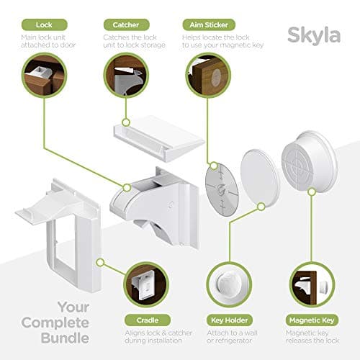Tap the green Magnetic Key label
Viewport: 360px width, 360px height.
[x=312, y=319]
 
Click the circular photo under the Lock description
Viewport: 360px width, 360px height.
[x=42, y=78]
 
